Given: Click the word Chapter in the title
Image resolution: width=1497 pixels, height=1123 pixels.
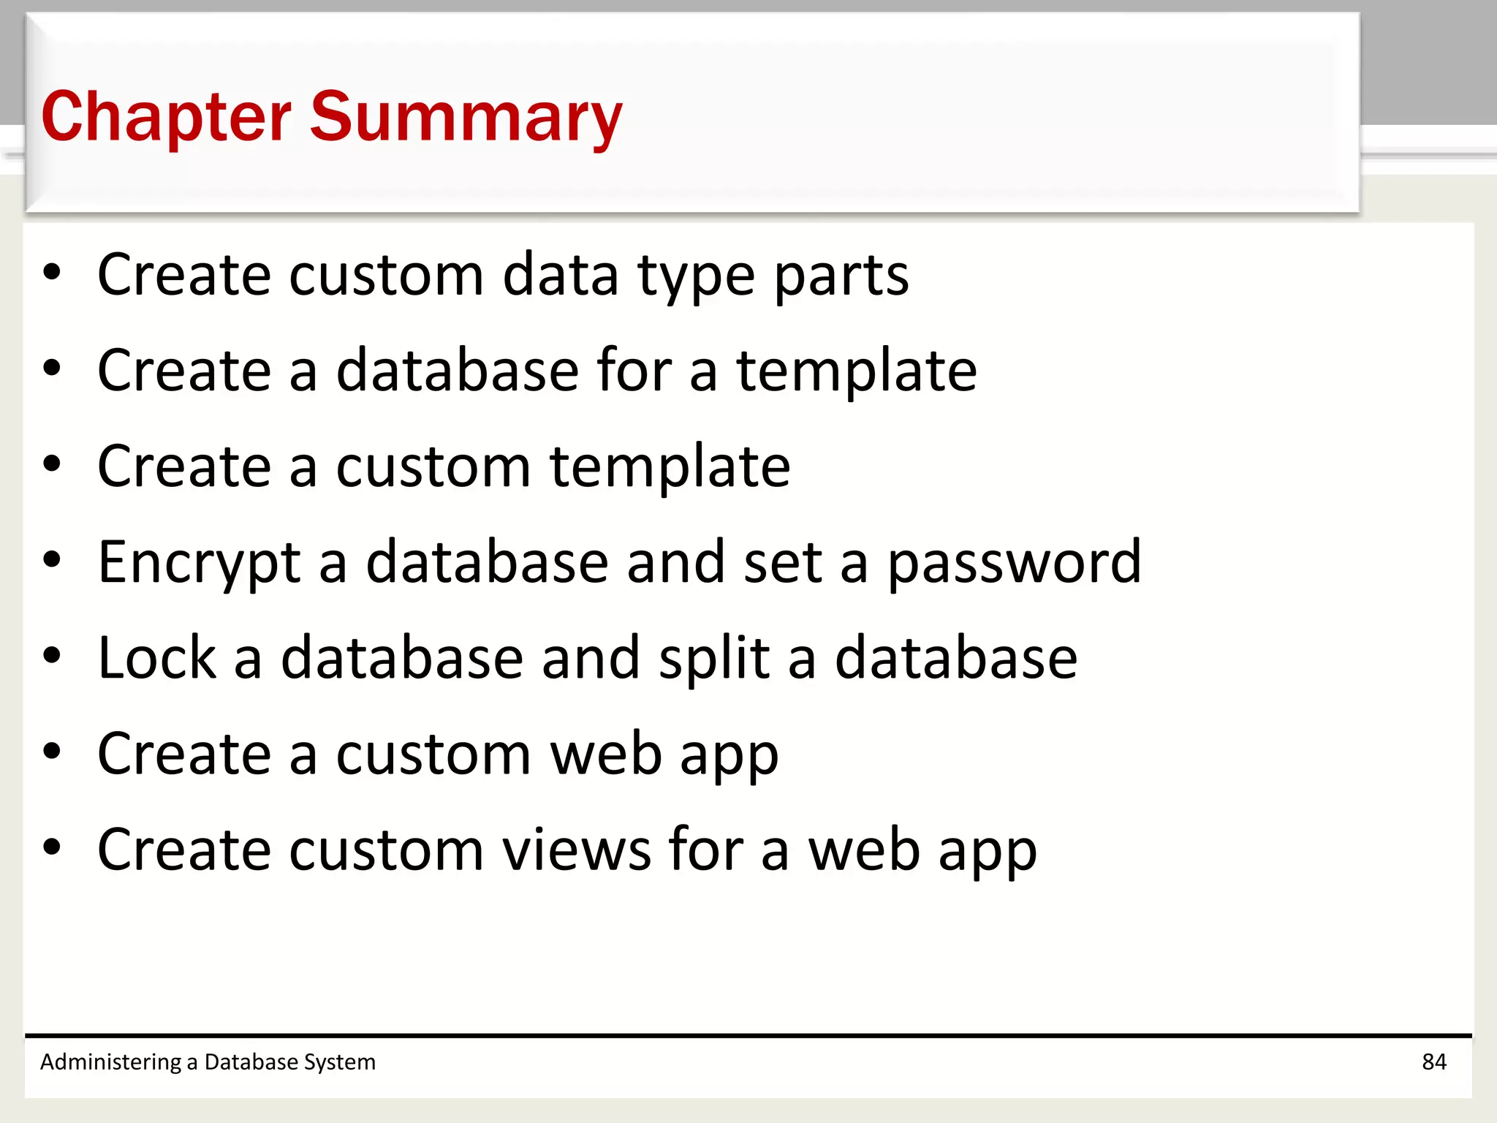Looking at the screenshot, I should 166,117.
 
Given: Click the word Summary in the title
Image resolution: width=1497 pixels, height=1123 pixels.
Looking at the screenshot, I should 466,117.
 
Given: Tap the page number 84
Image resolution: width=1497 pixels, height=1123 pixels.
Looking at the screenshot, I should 1433,1062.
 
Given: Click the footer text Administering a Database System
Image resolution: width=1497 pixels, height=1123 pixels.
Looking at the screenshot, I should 208,1062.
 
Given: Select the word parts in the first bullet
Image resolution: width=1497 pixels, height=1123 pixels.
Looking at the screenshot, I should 841,276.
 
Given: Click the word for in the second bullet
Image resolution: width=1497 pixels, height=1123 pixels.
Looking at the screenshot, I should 634,370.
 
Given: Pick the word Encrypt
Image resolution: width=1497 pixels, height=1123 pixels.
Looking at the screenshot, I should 199,563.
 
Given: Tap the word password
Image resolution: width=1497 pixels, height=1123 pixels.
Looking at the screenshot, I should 1014,563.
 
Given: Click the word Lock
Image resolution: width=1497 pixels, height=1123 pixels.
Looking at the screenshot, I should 157,657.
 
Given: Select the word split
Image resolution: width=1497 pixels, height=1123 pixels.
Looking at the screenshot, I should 714,659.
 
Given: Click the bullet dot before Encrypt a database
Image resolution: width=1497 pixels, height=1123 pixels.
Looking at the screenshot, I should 52,561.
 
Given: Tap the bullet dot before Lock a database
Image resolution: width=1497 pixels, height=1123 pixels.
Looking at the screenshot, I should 52,657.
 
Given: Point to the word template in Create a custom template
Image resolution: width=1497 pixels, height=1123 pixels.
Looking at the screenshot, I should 670,467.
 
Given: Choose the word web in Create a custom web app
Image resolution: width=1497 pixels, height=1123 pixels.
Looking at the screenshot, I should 606,754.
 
